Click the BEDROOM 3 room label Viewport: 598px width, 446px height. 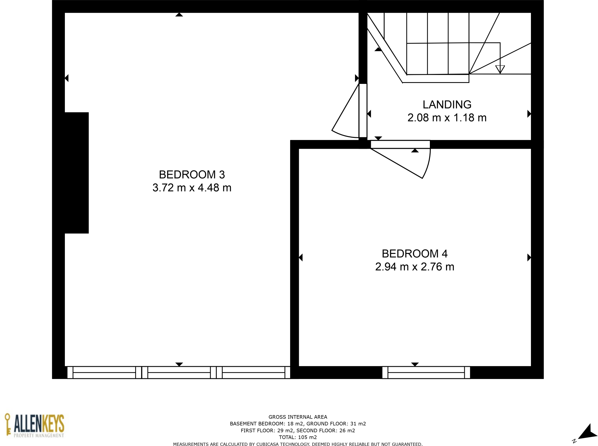point(192,174)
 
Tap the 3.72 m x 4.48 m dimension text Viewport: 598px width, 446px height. point(192,188)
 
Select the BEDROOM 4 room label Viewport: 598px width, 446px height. point(414,254)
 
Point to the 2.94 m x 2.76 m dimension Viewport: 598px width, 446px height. point(414,267)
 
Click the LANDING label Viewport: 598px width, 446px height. point(447,104)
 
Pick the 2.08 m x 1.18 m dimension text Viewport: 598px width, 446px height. point(447,118)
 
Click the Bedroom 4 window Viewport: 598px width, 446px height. point(426,372)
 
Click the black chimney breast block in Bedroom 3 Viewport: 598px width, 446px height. point(76,172)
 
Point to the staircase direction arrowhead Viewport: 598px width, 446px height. point(500,69)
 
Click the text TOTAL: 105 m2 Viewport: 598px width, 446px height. point(298,437)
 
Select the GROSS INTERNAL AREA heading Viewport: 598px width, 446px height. point(298,417)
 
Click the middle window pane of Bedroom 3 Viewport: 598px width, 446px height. point(179,372)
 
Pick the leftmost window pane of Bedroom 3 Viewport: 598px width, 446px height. point(104,372)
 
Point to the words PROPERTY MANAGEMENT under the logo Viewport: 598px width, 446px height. point(39,435)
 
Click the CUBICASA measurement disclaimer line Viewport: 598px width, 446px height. point(298,444)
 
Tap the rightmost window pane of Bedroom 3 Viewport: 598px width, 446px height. point(253,372)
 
